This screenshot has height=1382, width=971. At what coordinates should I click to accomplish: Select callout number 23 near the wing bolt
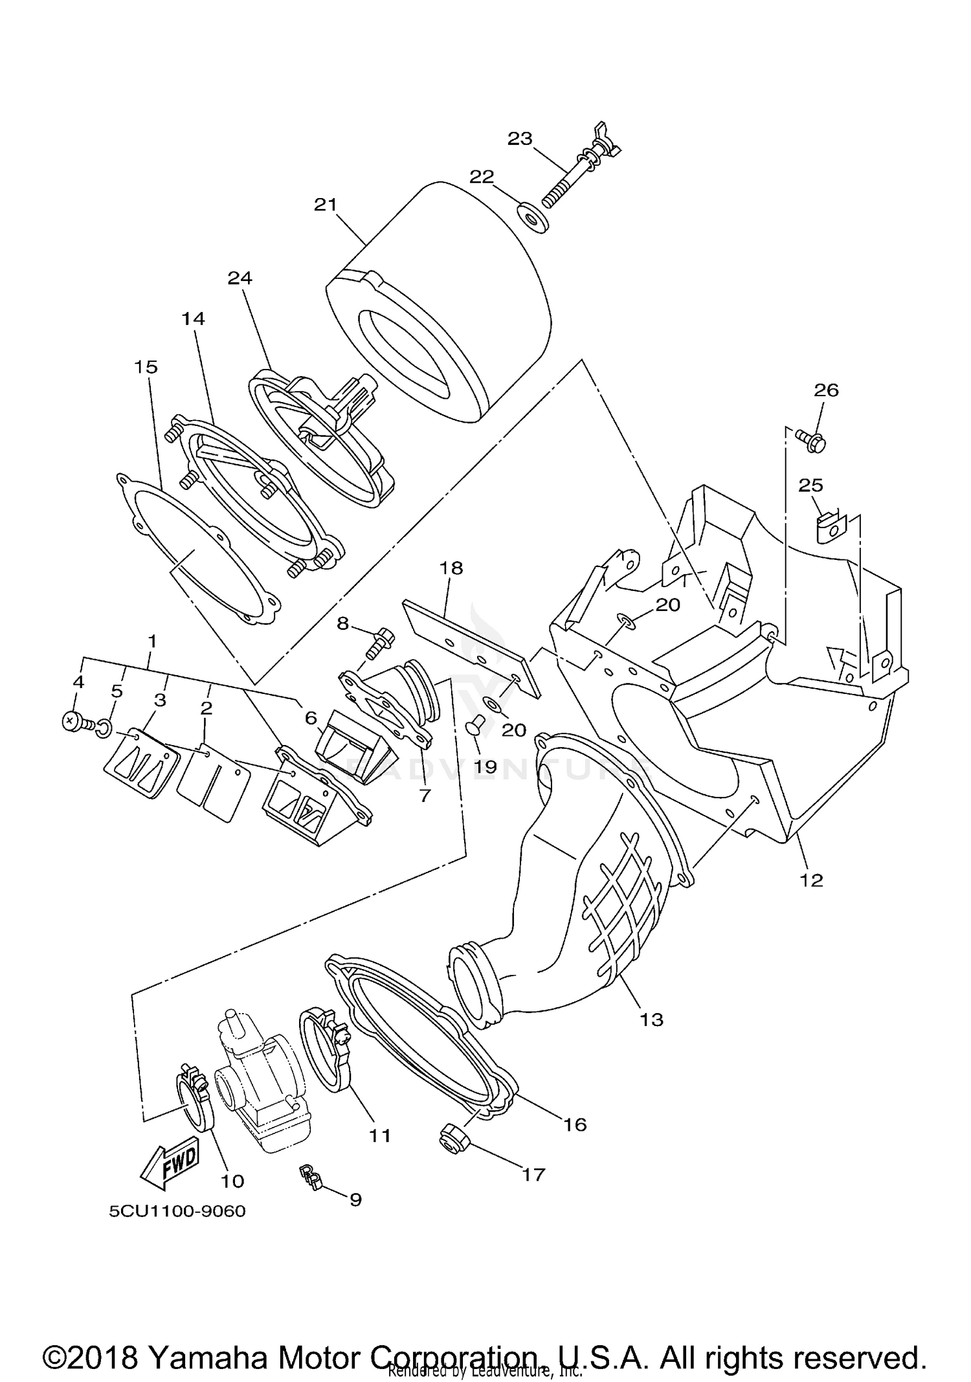click(519, 139)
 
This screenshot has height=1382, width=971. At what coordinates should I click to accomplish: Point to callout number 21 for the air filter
click(326, 205)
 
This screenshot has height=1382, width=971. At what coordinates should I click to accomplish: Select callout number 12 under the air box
click(811, 880)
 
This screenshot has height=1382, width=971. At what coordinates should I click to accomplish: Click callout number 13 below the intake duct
click(651, 1020)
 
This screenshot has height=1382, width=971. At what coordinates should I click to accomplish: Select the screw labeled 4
click(73, 722)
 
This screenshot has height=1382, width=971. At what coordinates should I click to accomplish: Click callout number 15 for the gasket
click(146, 367)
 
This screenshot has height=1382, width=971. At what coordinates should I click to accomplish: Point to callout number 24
click(240, 278)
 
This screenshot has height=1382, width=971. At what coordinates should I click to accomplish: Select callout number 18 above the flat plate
click(451, 568)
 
